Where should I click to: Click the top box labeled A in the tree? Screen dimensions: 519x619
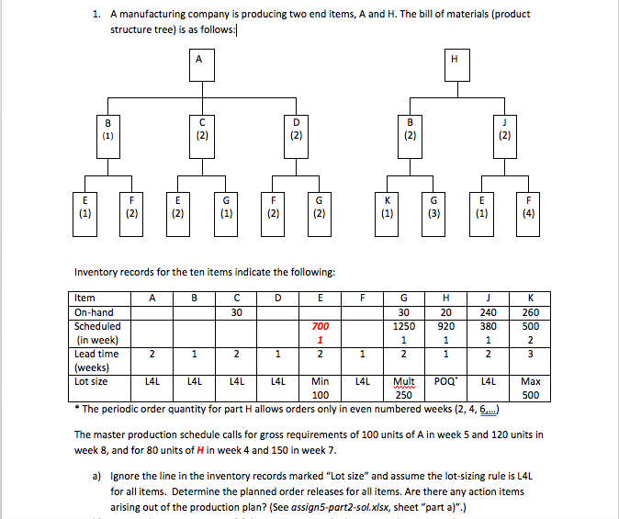point(198,67)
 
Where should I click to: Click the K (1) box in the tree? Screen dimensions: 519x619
point(386,210)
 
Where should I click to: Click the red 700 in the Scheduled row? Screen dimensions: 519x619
point(320,325)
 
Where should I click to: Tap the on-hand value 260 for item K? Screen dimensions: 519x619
point(531,311)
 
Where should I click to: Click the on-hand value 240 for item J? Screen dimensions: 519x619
point(489,311)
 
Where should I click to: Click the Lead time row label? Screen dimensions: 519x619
point(96,353)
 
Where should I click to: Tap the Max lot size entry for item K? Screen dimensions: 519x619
point(531,380)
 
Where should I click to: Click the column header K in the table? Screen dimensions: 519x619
point(531,298)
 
